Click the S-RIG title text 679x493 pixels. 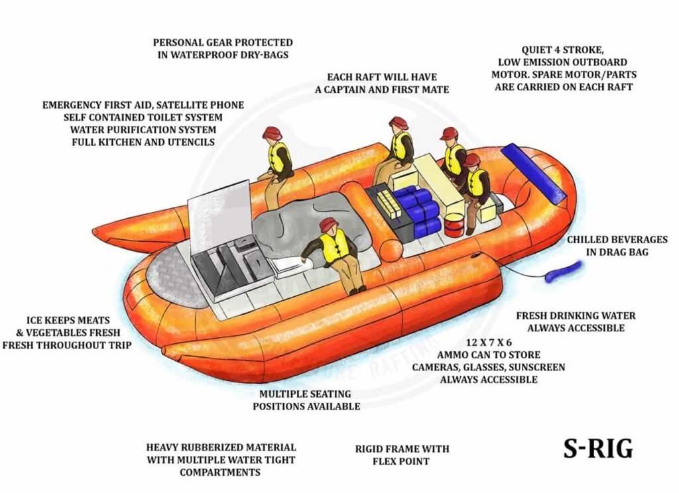coord(598,449)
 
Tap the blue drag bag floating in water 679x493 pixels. coord(563,272)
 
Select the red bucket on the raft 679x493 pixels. coord(454,225)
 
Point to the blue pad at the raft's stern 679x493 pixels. coord(533,173)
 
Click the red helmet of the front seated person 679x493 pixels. coord(328,225)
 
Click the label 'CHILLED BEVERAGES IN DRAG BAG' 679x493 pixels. coord(617,246)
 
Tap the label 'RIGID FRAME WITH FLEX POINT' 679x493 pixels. coord(402,455)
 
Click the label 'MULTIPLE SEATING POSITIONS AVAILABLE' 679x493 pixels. coord(306,400)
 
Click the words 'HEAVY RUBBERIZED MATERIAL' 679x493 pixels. coord(221,448)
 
